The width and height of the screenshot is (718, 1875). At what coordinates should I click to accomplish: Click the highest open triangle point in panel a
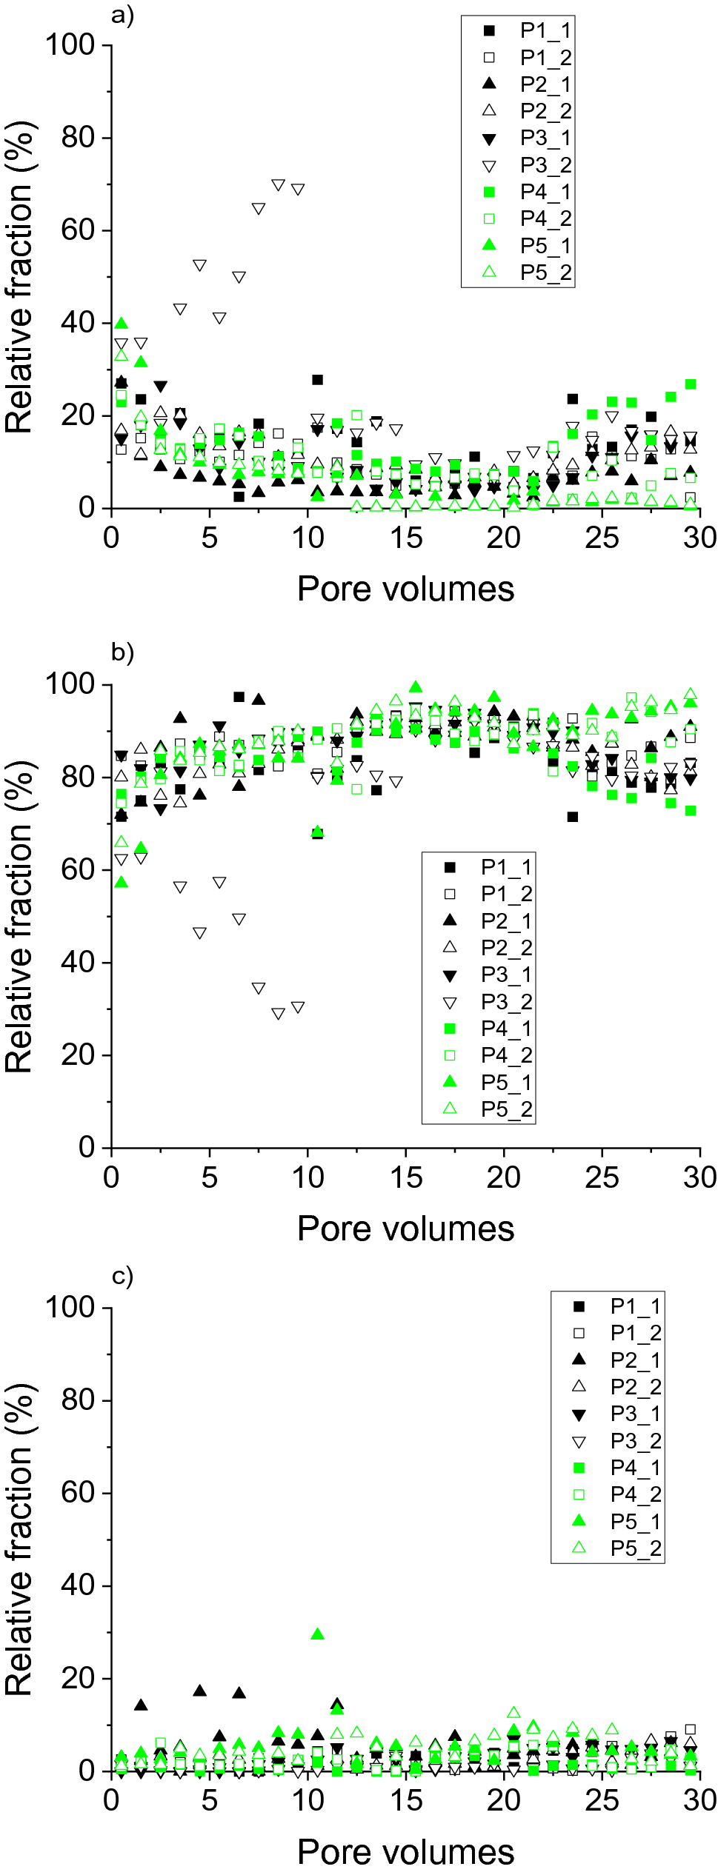pos(279,185)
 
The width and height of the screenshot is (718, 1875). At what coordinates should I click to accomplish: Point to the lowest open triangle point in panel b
pos(279,1014)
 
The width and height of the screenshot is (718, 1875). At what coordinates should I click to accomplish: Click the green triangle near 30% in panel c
pos(318,1634)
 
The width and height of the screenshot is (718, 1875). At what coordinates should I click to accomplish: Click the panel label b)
pos(122,652)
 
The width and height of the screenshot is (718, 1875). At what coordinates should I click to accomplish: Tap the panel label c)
pos(122,1276)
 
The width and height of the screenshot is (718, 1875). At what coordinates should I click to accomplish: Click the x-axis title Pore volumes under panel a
pos(405,589)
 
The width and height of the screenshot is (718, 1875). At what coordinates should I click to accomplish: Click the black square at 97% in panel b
pos(239,697)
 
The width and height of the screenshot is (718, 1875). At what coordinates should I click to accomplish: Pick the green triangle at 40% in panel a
pos(122,324)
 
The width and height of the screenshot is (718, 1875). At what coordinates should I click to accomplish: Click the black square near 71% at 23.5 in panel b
pos(573,817)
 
